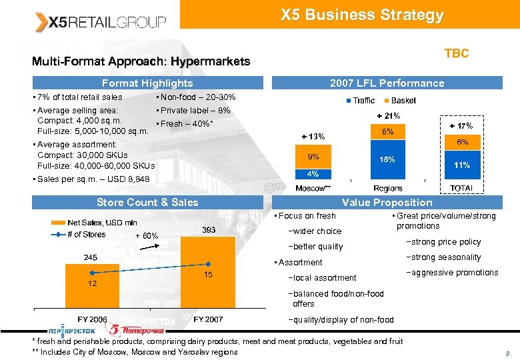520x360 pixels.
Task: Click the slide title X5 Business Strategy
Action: [362, 15]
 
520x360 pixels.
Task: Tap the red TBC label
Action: [457, 53]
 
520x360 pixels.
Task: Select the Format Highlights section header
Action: [147, 83]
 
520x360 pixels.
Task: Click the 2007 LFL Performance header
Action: [387, 83]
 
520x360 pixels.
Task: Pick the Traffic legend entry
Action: [360, 101]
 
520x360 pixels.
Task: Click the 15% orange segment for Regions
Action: [387, 160]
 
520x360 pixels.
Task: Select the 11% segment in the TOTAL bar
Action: [462, 165]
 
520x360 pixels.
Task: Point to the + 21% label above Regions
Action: [387, 117]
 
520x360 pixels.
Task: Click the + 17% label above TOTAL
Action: [461, 126]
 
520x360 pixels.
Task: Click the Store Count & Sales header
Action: [147, 203]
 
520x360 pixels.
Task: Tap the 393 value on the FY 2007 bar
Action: [209, 229]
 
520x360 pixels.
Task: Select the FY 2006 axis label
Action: [92, 319]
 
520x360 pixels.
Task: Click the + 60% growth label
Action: [146, 236]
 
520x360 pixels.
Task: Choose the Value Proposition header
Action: [387, 203]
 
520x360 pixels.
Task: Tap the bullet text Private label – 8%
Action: [193, 111]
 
